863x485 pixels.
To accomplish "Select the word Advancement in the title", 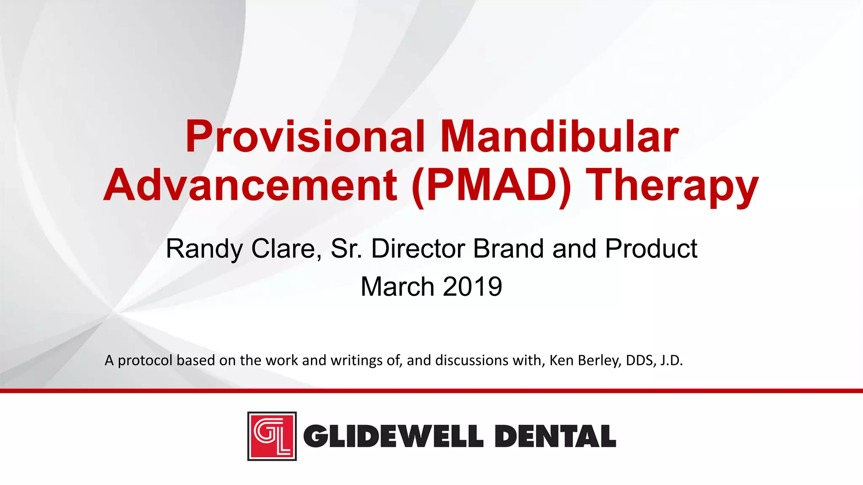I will click(250, 186).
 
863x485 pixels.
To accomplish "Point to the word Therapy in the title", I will click(672, 186).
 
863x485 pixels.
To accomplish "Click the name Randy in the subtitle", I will click(204, 249).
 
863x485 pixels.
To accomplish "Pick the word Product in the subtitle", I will click(651, 249).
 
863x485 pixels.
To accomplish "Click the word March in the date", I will click(397, 287).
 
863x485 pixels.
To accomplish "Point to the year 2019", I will click(472, 287).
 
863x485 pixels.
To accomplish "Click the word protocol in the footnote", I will click(145, 361).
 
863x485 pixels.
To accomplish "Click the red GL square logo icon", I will click(272, 436).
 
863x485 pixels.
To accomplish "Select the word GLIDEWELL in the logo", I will click(393, 436).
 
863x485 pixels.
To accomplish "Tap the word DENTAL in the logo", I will click(555, 436).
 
